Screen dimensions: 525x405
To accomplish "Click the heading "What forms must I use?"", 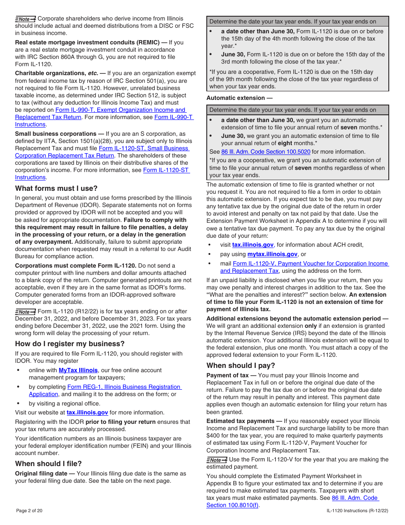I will tap(56, 188).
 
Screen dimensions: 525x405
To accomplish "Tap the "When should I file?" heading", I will tap(49, 464).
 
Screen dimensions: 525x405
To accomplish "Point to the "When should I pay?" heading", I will tap(241, 365).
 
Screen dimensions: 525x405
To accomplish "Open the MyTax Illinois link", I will tap(78, 370).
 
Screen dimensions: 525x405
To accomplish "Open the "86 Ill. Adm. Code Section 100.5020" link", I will tap(266, 152).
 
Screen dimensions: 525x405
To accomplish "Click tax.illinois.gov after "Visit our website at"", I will tap(87, 412).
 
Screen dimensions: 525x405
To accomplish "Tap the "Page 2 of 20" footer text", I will tap(29, 510).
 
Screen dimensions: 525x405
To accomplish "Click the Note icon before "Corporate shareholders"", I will tap(26, 19).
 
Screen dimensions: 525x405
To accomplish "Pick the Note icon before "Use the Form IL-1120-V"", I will tap(217, 460).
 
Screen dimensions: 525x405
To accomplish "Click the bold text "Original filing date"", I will tap(41, 473).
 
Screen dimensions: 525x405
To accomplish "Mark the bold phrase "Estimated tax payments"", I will tap(240, 421).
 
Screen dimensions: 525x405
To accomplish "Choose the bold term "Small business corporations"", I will tap(55, 134).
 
